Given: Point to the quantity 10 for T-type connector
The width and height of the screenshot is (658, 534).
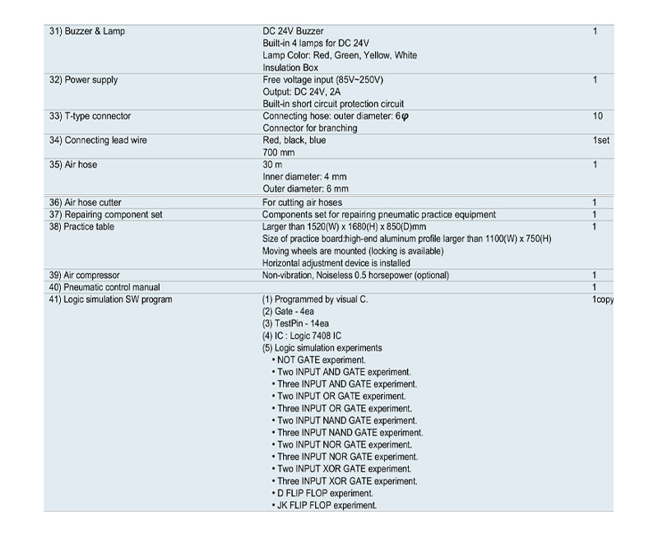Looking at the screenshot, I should (x=597, y=116).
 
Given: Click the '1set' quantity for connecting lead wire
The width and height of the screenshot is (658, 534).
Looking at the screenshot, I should (x=600, y=141).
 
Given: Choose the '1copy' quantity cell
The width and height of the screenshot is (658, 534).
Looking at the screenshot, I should (x=603, y=300).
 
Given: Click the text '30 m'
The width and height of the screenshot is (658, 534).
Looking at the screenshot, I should (x=272, y=165).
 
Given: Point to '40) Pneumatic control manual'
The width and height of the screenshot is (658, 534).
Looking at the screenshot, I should (x=104, y=287).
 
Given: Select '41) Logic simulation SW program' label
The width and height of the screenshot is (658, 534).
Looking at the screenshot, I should (x=110, y=300).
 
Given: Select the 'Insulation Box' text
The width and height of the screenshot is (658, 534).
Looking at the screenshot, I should (x=290, y=67).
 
